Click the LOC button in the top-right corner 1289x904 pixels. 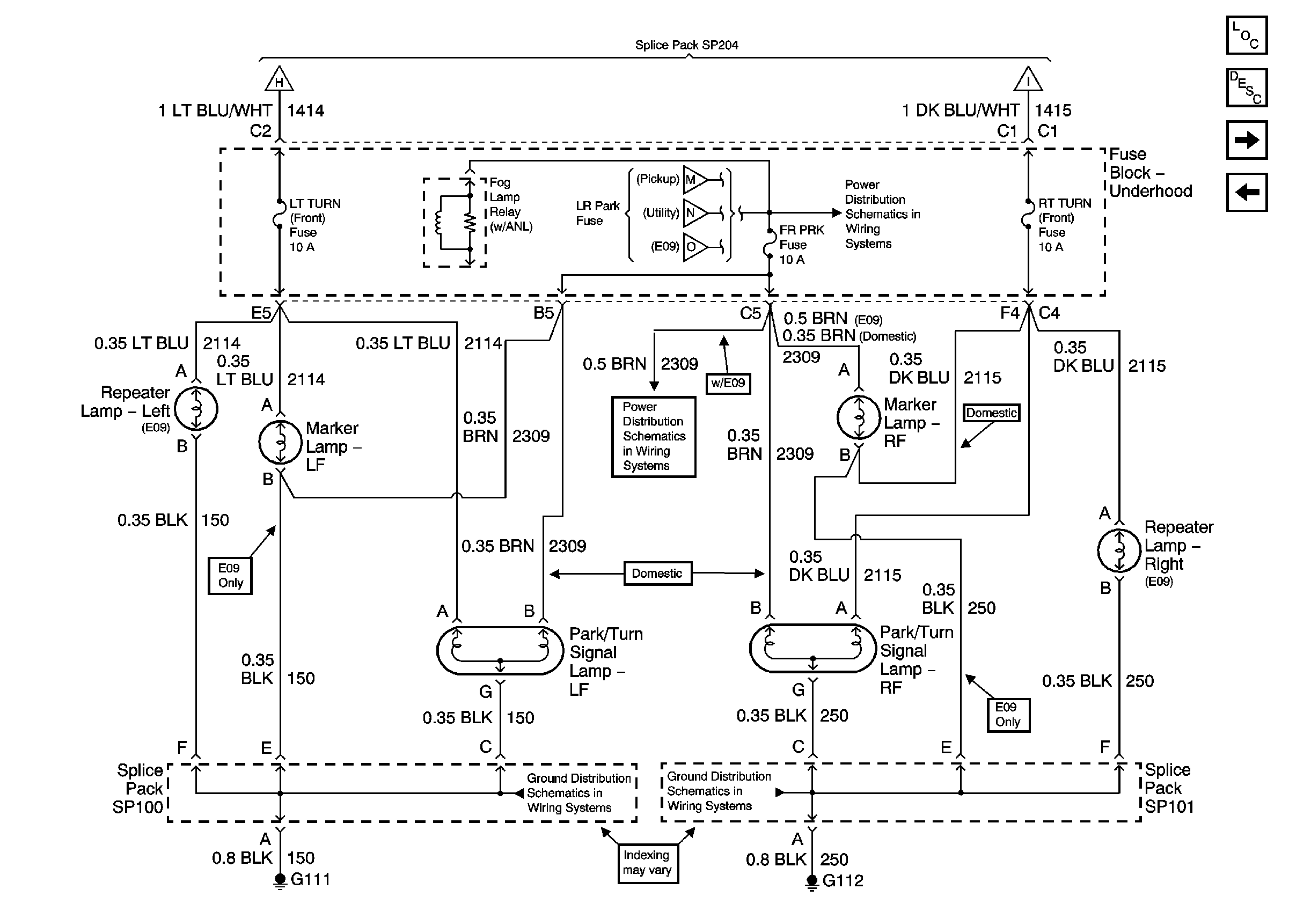(1246, 35)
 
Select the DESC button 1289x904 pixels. (1246, 87)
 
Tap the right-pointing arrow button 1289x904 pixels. (1246, 139)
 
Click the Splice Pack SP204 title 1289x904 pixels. (686, 45)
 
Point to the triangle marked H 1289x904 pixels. (279, 80)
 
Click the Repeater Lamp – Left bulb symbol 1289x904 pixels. (196, 408)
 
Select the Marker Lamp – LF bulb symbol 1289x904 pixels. (280, 442)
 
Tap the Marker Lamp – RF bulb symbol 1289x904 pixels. (858, 417)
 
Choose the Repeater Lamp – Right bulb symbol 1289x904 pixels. (1119, 550)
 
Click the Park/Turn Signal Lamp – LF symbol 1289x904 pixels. (500, 650)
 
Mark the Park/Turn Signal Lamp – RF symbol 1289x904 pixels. (812, 649)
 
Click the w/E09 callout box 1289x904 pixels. (728, 383)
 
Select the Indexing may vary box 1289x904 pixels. (647, 863)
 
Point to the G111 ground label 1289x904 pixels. (310, 879)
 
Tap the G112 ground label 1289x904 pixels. (842, 880)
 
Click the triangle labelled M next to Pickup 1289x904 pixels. (694, 180)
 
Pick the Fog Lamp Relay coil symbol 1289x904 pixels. (439, 222)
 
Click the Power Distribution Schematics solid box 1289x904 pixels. (654, 437)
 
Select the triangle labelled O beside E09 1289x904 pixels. (694, 247)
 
